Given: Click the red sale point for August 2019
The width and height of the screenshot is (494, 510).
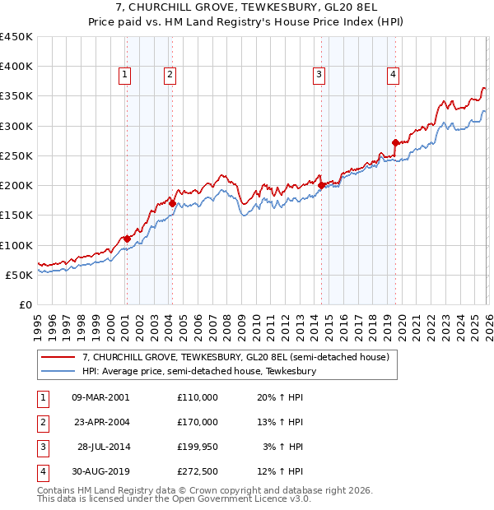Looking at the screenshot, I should (395, 142).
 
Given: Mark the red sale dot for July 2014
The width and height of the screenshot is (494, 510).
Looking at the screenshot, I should (321, 185).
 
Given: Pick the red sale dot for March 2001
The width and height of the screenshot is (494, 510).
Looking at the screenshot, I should (127, 239).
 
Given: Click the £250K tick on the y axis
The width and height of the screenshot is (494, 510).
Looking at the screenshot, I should (17, 155).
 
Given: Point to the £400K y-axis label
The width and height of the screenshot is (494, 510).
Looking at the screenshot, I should (17, 67).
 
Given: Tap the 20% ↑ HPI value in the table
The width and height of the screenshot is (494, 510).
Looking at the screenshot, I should (282, 396).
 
